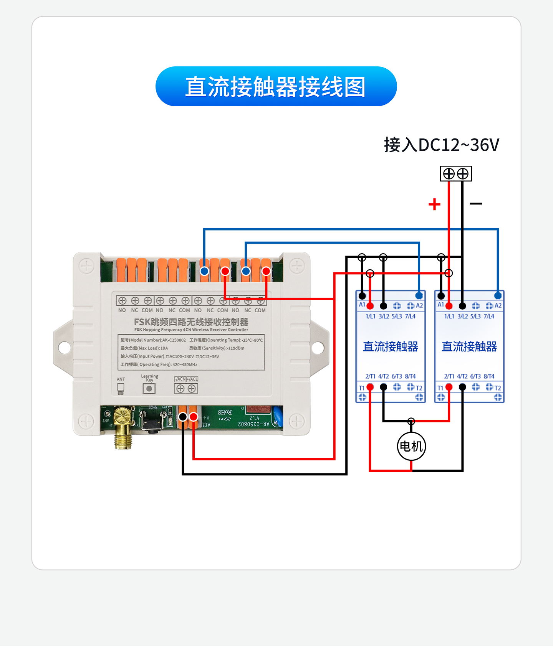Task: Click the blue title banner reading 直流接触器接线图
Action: [276, 87]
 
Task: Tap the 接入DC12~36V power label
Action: [441, 145]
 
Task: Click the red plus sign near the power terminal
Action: [434, 204]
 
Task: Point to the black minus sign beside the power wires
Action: [476, 204]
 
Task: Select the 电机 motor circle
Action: [411, 446]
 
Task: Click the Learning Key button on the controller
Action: [149, 389]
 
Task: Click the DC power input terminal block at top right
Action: [456, 174]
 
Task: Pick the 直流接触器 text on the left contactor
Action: [391, 347]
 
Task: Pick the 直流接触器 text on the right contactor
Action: [469, 347]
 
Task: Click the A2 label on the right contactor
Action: [498, 306]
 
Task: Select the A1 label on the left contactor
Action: [362, 305]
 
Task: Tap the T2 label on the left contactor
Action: [419, 388]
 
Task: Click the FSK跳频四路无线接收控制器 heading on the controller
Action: [191, 322]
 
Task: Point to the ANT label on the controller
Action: [121, 379]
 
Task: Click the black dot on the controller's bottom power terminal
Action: [183, 417]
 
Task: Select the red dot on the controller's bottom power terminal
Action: [194, 417]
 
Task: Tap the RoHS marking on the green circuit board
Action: [225, 412]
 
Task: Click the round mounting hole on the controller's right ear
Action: [318, 348]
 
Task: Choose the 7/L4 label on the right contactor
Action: [489, 317]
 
